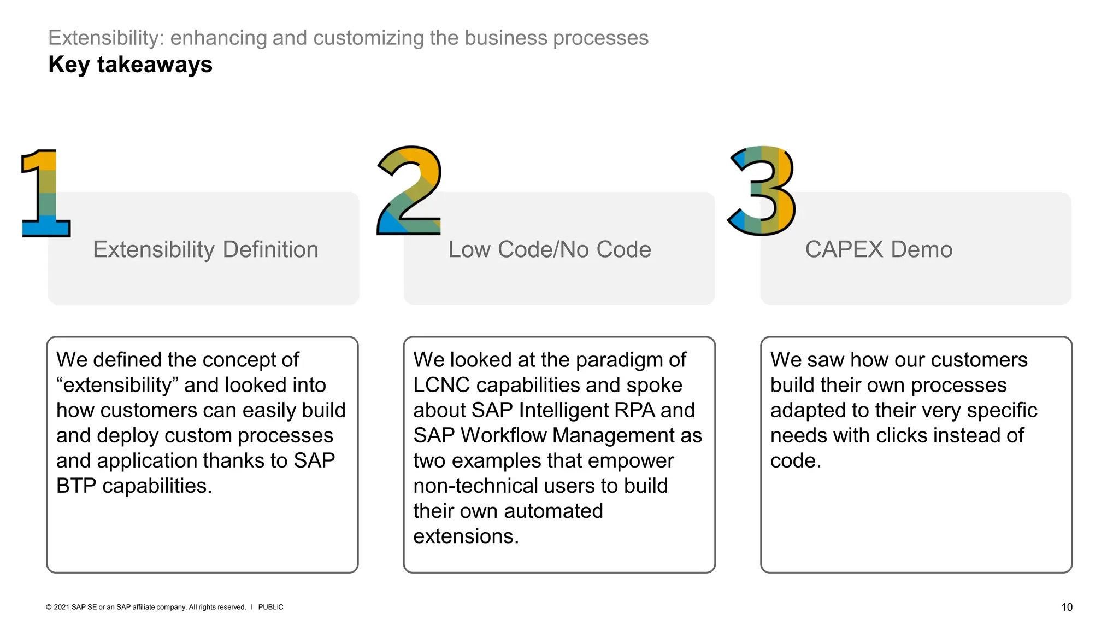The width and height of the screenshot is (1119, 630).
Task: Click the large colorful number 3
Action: pyautogui.click(x=763, y=191)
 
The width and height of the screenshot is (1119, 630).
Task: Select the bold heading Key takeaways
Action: pyautogui.click(x=130, y=65)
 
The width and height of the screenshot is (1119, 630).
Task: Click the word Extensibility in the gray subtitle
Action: pyautogui.click(x=106, y=38)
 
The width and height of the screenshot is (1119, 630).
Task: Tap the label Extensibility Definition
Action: pyautogui.click(x=205, y=249)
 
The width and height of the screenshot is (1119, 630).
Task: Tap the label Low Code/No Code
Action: pyautogui.click(x=550, y=249)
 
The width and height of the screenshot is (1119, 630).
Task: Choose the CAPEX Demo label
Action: pyautogui.click(x=879, y=249)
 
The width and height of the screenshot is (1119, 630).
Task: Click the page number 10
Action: pyautogui.click(x=1067, y=607)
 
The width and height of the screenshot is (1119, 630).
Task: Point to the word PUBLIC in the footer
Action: pyautogui.click(x=270, y=607)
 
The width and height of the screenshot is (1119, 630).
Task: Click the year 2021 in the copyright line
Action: pyautogui.click(x=62, y=607)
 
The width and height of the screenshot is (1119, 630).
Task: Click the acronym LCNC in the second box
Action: pyautogui.click(x=441, y=385)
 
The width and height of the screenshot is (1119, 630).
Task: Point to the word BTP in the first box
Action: pyautogui.click(x=76, y=486)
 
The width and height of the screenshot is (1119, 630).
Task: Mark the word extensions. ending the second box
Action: pyautogui.click(x=466, y=536)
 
